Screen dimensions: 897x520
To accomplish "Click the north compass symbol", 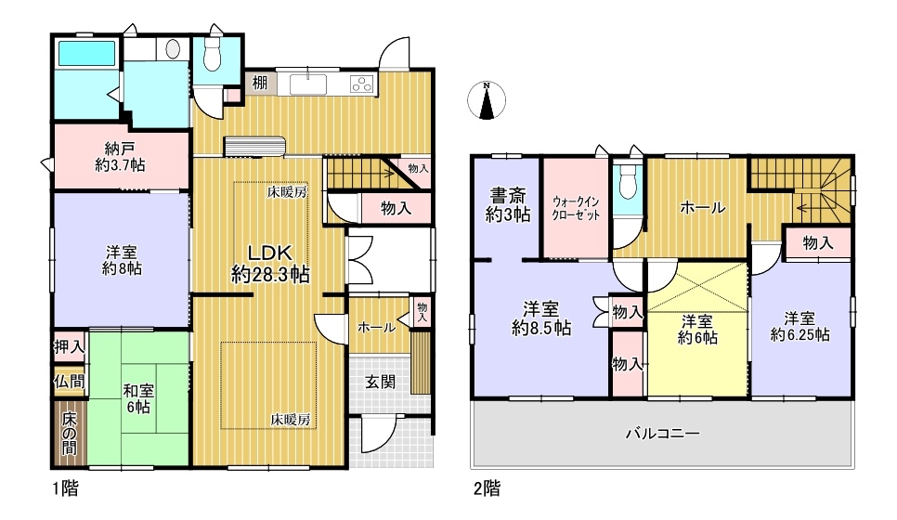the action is click(487, 100).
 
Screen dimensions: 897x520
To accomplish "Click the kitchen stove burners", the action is click(362, 84).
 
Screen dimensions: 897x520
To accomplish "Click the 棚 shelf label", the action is click(260, 83).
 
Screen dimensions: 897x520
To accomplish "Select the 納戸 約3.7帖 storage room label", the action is click(120, 157).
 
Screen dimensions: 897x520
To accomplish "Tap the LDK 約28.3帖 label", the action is click(270, 264).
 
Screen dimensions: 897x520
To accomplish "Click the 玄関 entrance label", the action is click(381, 381).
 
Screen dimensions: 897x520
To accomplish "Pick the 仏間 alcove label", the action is click(70, 381).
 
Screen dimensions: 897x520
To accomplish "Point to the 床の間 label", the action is click(69, 433).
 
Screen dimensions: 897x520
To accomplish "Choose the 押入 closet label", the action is click(70, 346).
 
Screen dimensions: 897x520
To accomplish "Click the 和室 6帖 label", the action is click(138, 398).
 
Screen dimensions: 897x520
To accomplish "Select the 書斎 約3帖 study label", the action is click(508, 205).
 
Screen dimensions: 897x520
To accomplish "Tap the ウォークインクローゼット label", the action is click(576, 209).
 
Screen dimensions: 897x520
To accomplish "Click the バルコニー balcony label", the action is click(662, 433).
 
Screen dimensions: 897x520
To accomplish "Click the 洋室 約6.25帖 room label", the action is click(799, 326).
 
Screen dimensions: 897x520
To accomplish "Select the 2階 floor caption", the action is click(487, 488).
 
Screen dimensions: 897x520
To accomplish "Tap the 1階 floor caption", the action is click(66, 488).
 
